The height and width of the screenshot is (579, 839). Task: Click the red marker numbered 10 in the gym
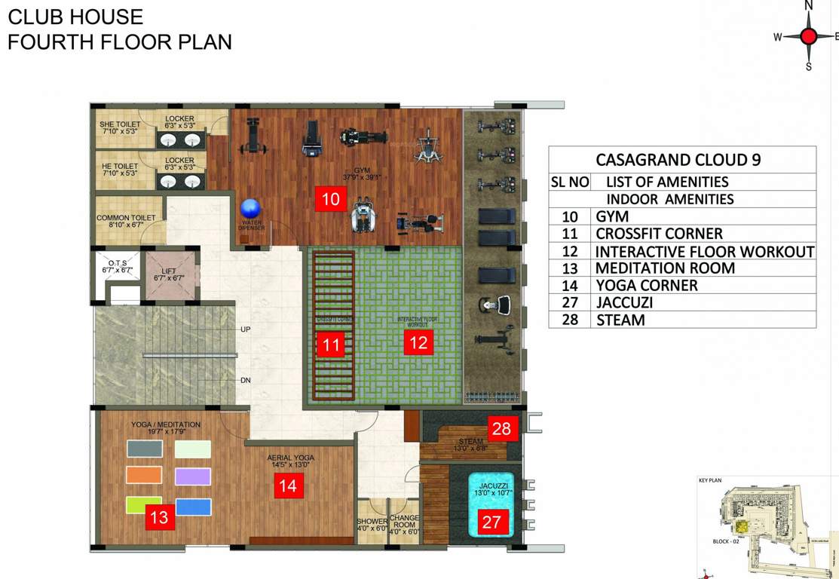click(x=331, y=199)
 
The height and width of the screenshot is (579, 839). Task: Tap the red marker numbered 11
click(x=330, y=345)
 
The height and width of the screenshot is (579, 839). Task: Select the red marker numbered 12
click(x=418, y=343)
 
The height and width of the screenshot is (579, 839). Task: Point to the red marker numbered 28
click(x=501, y=429)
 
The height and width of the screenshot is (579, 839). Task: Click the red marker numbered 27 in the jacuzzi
click(x=491, y=522)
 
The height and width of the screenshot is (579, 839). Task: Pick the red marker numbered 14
click(x=288, y=486)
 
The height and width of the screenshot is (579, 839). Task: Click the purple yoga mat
click(x=193, y=476)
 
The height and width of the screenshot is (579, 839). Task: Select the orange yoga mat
click(x=144, y=474)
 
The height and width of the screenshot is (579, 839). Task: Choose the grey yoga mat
click(x=144, y=449)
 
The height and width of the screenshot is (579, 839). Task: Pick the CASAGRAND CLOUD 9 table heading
click(x=678, y=160)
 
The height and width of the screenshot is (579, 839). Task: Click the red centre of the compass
click(x=809, y=36)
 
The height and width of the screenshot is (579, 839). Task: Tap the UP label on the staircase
click(x=245, y=330)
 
